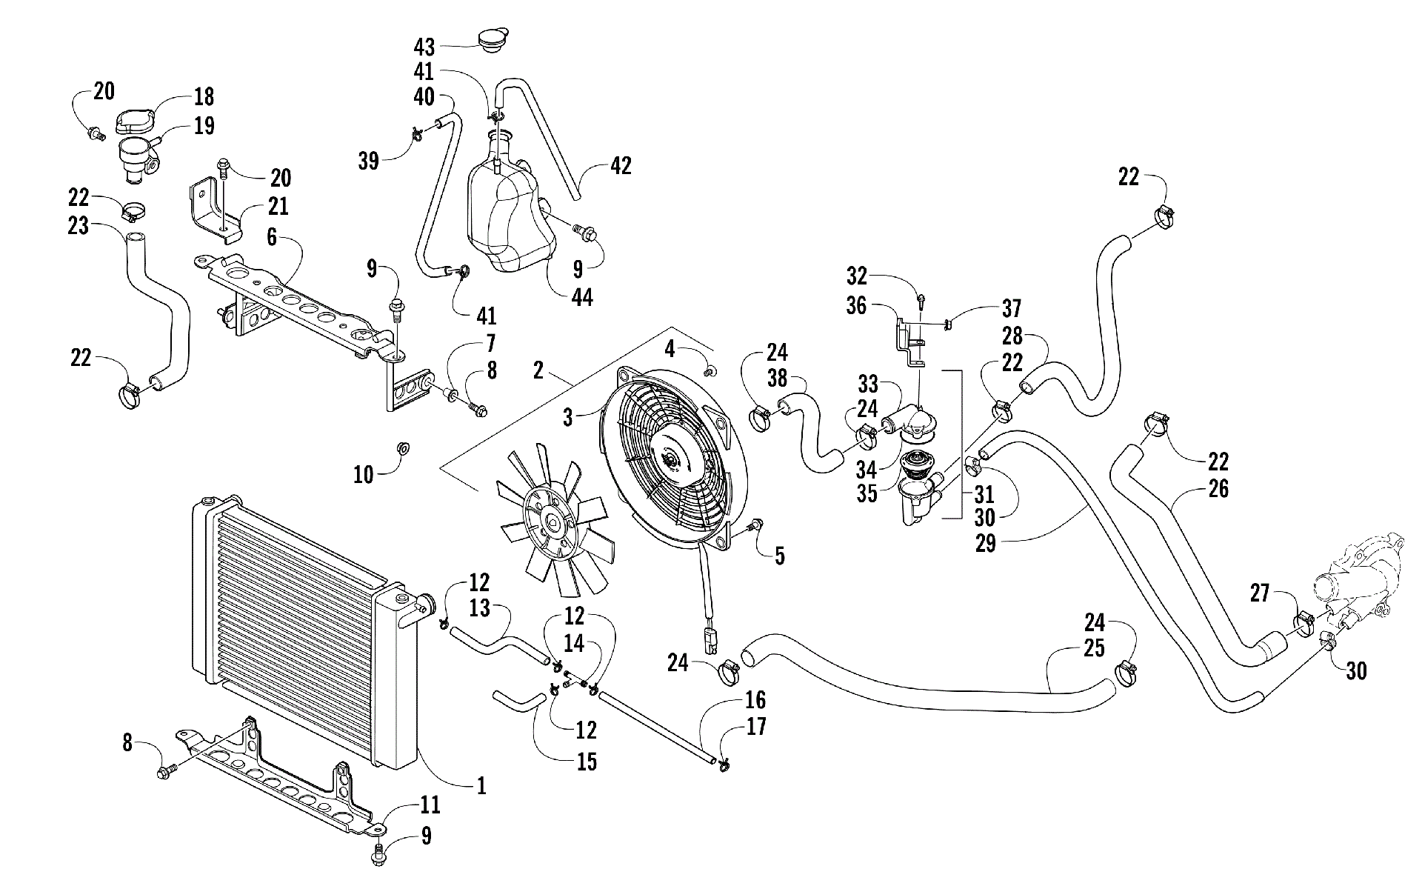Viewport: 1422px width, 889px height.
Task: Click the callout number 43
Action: point(424,47)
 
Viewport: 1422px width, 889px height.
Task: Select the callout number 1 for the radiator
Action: point(481,785)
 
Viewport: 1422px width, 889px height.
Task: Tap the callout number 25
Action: point(1094,647)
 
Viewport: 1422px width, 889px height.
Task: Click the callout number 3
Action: point(568,417)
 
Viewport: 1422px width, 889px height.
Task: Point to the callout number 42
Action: point(621,166)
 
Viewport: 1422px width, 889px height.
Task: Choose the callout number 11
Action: point(430,805)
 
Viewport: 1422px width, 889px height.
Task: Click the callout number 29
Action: point(986,544)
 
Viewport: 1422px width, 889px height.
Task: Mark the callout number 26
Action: point(1218,488)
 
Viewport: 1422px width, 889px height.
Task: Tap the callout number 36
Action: point(857,306)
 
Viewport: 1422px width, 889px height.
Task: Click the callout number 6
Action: point(272,237)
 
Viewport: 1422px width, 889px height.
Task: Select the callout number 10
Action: point(364,474)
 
